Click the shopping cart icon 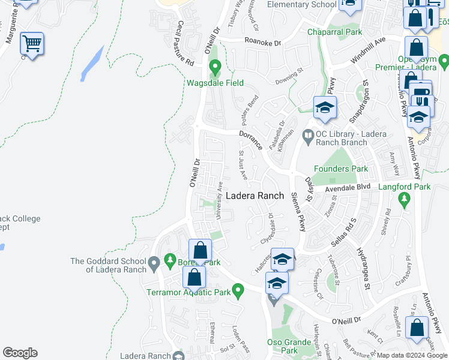31,43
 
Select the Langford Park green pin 405,199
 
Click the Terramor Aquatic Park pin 238,292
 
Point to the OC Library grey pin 309,136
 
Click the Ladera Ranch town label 255,196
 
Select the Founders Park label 342,169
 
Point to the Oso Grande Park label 289,346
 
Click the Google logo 20,353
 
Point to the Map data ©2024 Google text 412,356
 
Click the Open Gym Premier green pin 444,61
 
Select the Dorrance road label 250,140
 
